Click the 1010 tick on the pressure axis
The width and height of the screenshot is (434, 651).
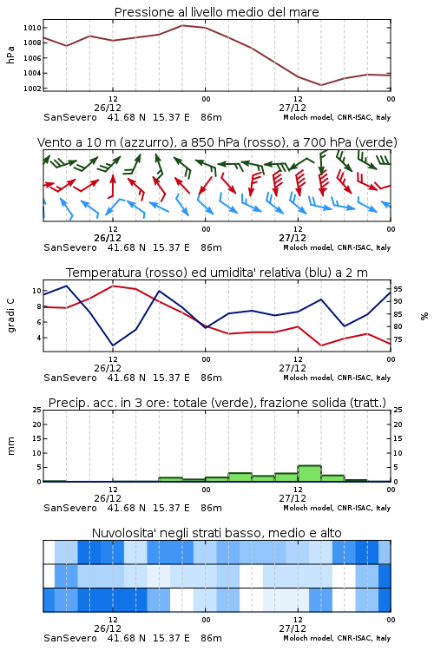coord(32,28)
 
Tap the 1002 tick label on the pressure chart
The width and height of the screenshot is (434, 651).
coord(32,89)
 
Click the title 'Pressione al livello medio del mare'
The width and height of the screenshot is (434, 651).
coord(217,12)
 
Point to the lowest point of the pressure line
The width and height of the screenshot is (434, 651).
coord(321,85)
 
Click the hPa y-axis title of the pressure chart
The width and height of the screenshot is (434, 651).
coord(10,55)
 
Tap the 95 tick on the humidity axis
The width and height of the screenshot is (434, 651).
coord(398,289)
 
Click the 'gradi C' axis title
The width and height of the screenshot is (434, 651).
coord(11,316)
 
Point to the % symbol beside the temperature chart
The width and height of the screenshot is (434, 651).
coord(424,316)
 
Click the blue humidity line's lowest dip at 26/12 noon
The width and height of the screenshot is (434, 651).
coord(113,345)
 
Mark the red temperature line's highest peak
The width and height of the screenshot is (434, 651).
coord(113,286)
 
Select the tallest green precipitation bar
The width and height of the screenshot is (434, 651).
coord(309,474)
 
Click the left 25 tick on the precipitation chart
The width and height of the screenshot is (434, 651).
coord(37,410)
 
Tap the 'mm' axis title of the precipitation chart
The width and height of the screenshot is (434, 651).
coord(10,446)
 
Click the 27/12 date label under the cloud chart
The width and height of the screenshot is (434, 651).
coord(293,628)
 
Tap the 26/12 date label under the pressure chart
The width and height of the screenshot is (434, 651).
coord(108,108)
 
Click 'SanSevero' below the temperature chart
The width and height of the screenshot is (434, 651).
coord(70,378)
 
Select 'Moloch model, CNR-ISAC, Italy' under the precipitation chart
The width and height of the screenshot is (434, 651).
coord(337,508)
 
